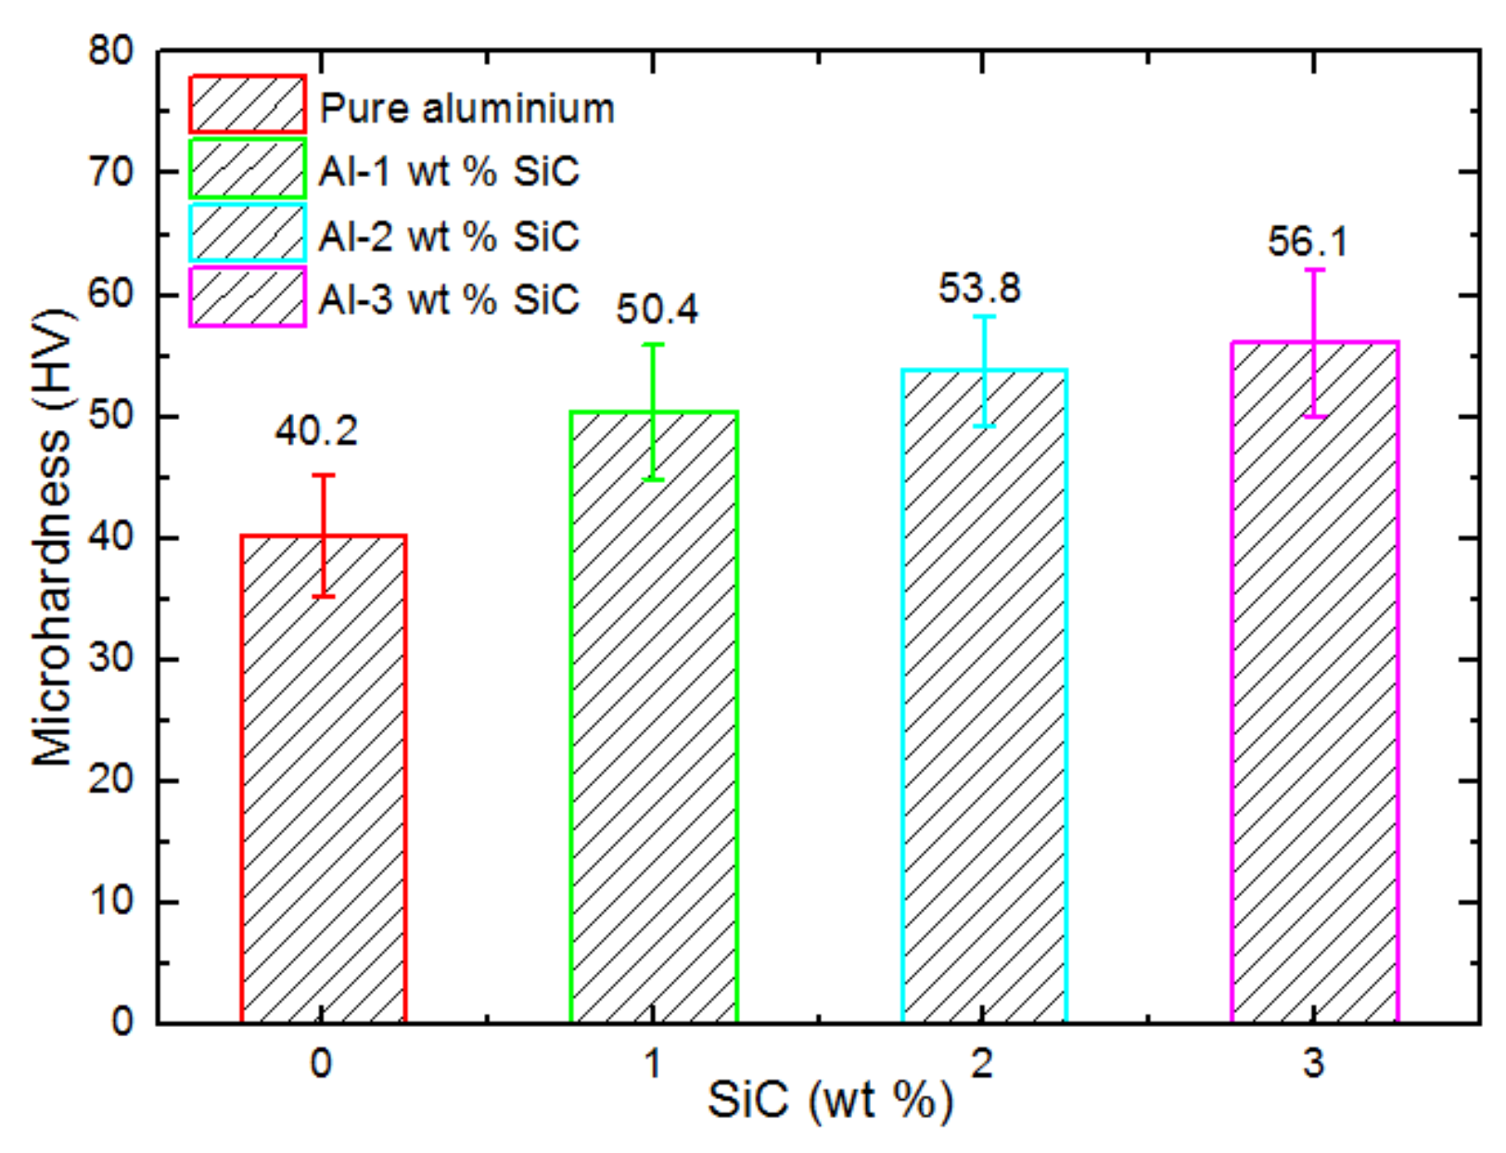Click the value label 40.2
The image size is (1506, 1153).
coord(316,431)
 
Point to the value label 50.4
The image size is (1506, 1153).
coord(657,310)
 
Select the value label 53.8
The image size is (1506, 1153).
coord(979,288)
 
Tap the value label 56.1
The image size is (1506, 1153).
coord(1308,242)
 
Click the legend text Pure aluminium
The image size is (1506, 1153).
coord(466,108)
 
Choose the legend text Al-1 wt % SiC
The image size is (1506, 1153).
coord(449,171)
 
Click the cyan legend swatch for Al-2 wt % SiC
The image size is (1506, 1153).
coord(248,234)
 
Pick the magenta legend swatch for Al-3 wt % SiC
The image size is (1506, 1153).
coord(248,298)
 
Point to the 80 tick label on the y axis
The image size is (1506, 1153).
coord(111,50)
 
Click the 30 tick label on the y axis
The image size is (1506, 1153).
coord(111,659)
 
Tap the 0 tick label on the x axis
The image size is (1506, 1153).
coord(321,1063)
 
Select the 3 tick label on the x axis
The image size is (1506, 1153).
coord(1313,1063)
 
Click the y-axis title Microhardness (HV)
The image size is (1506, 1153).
coord(52,538)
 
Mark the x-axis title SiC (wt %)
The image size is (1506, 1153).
coord(830,1101)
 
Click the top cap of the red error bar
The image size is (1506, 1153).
coord(324,475)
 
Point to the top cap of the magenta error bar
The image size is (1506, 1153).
coord(1314,270)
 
